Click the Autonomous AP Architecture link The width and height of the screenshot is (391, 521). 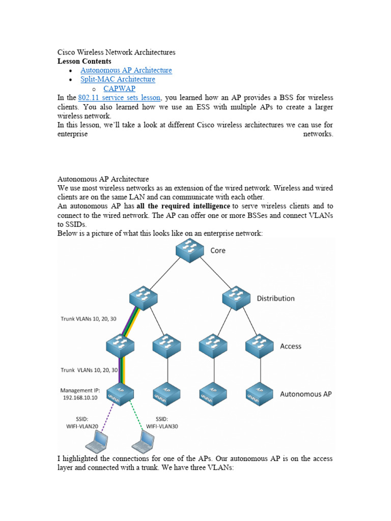tap(126, 70)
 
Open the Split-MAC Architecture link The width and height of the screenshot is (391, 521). tap(118, 79)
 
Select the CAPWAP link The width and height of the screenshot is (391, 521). tap(120, 89)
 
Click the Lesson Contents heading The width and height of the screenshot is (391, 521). tap(84, 61)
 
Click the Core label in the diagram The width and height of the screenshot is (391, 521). tap(217, 250)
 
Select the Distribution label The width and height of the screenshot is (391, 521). tap(275, 298)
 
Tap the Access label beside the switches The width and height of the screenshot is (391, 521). tap(291, 346)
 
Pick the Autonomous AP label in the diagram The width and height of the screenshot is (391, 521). tap(305, 394)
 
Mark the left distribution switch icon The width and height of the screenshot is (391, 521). tap(143, 298)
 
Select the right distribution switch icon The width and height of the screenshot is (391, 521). tap(236, 298)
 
